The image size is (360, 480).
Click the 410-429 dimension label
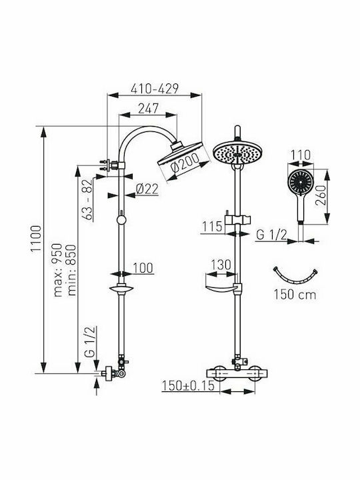154,89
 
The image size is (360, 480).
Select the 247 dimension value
148,109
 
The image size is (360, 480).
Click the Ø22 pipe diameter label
147,189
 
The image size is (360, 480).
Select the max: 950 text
58,270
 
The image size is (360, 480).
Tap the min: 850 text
71,270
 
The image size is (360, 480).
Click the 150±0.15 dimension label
188,385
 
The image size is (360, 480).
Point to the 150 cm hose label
295,295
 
